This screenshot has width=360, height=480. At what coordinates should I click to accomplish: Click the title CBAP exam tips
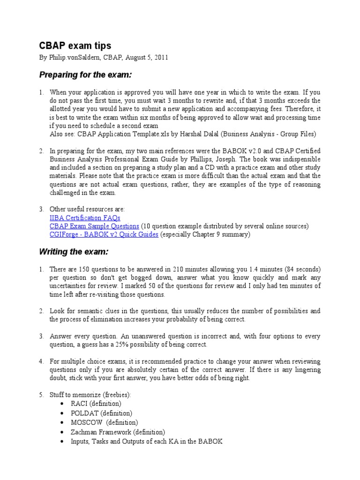tap(75, 45)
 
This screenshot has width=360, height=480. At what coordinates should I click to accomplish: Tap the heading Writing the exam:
tap(73, 252)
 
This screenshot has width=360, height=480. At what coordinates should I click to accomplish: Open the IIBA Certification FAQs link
tap(85, 217)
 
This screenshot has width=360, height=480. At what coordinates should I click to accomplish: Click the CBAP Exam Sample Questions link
tap(94, 226)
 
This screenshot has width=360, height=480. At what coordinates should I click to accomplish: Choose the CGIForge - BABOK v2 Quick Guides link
tap(104, 234)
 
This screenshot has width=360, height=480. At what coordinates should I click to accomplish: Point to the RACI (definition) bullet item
tap(96, 404)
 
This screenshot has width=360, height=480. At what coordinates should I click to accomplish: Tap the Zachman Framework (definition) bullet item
tap(118, 432)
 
